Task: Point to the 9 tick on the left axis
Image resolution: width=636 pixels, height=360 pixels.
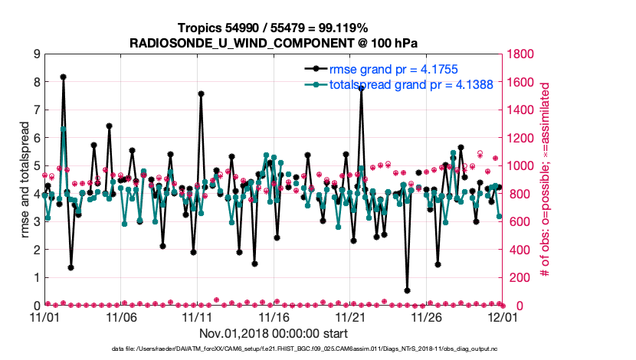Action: (x=36, y=54)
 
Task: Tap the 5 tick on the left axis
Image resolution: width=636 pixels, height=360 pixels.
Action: (x=36, y=165)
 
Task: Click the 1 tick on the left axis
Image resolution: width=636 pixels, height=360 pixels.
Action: (x=36, y=277)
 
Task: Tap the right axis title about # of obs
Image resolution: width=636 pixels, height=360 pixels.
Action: (x=546, y=179)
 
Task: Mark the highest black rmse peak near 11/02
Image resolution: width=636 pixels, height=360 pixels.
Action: (x=63, y=77)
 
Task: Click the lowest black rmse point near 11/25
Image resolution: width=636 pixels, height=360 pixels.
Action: (x=407, y=291)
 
